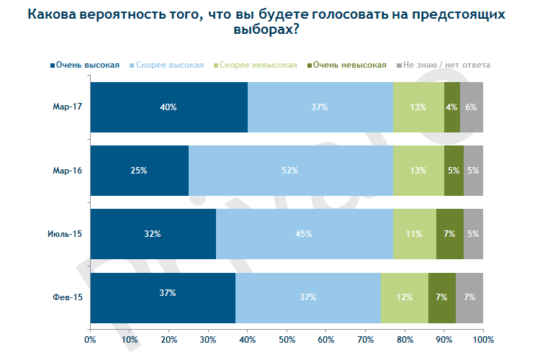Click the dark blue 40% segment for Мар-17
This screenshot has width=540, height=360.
168,107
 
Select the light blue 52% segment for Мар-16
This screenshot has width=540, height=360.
291,171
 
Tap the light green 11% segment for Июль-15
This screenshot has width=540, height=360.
414,234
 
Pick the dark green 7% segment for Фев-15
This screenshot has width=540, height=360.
442,297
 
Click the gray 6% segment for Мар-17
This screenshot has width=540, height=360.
472,107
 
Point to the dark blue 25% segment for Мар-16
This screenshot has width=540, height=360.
139,171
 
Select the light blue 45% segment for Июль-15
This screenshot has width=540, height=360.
304,234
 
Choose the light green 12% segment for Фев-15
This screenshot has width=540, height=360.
404,297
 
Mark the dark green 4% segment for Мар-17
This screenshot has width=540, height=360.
452,107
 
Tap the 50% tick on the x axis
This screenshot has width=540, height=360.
287,338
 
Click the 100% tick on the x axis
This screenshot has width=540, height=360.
482,338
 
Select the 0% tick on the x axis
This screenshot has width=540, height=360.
90,338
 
